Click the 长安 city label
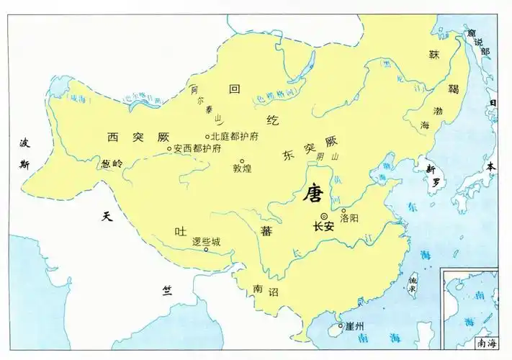[323, 226]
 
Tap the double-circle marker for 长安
[323, 216]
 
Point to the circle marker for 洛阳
[343, 210]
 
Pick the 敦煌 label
[243, 171]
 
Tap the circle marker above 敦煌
[243, 161]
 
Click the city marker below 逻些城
[207, 250]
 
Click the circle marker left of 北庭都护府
[207, 136]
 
